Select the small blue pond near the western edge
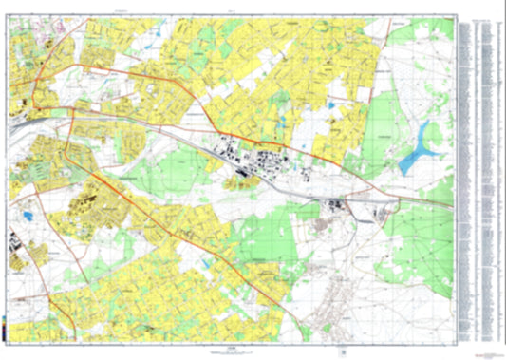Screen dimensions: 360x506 click(x=28, y=218)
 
